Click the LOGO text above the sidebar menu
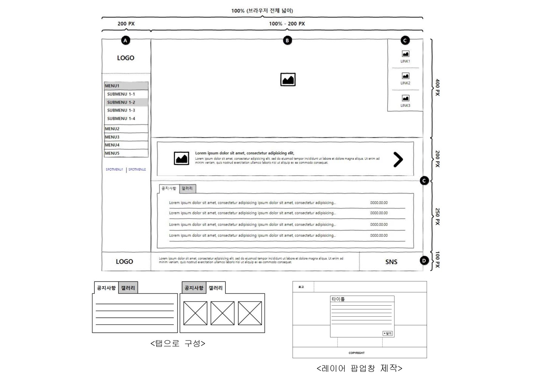125,58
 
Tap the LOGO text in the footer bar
124,261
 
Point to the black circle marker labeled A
125,40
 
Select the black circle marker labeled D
424,261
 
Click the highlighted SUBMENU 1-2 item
121,102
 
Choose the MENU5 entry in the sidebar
112,153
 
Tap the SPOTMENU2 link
137,169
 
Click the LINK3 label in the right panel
405,106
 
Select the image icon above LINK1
405,54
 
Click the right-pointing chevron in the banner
398,160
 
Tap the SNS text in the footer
391,262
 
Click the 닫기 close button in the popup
387,333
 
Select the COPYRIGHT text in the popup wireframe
357,353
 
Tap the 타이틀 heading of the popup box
338,299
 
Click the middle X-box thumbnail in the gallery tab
222,313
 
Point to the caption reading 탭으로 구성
178,343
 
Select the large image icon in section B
288,80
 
